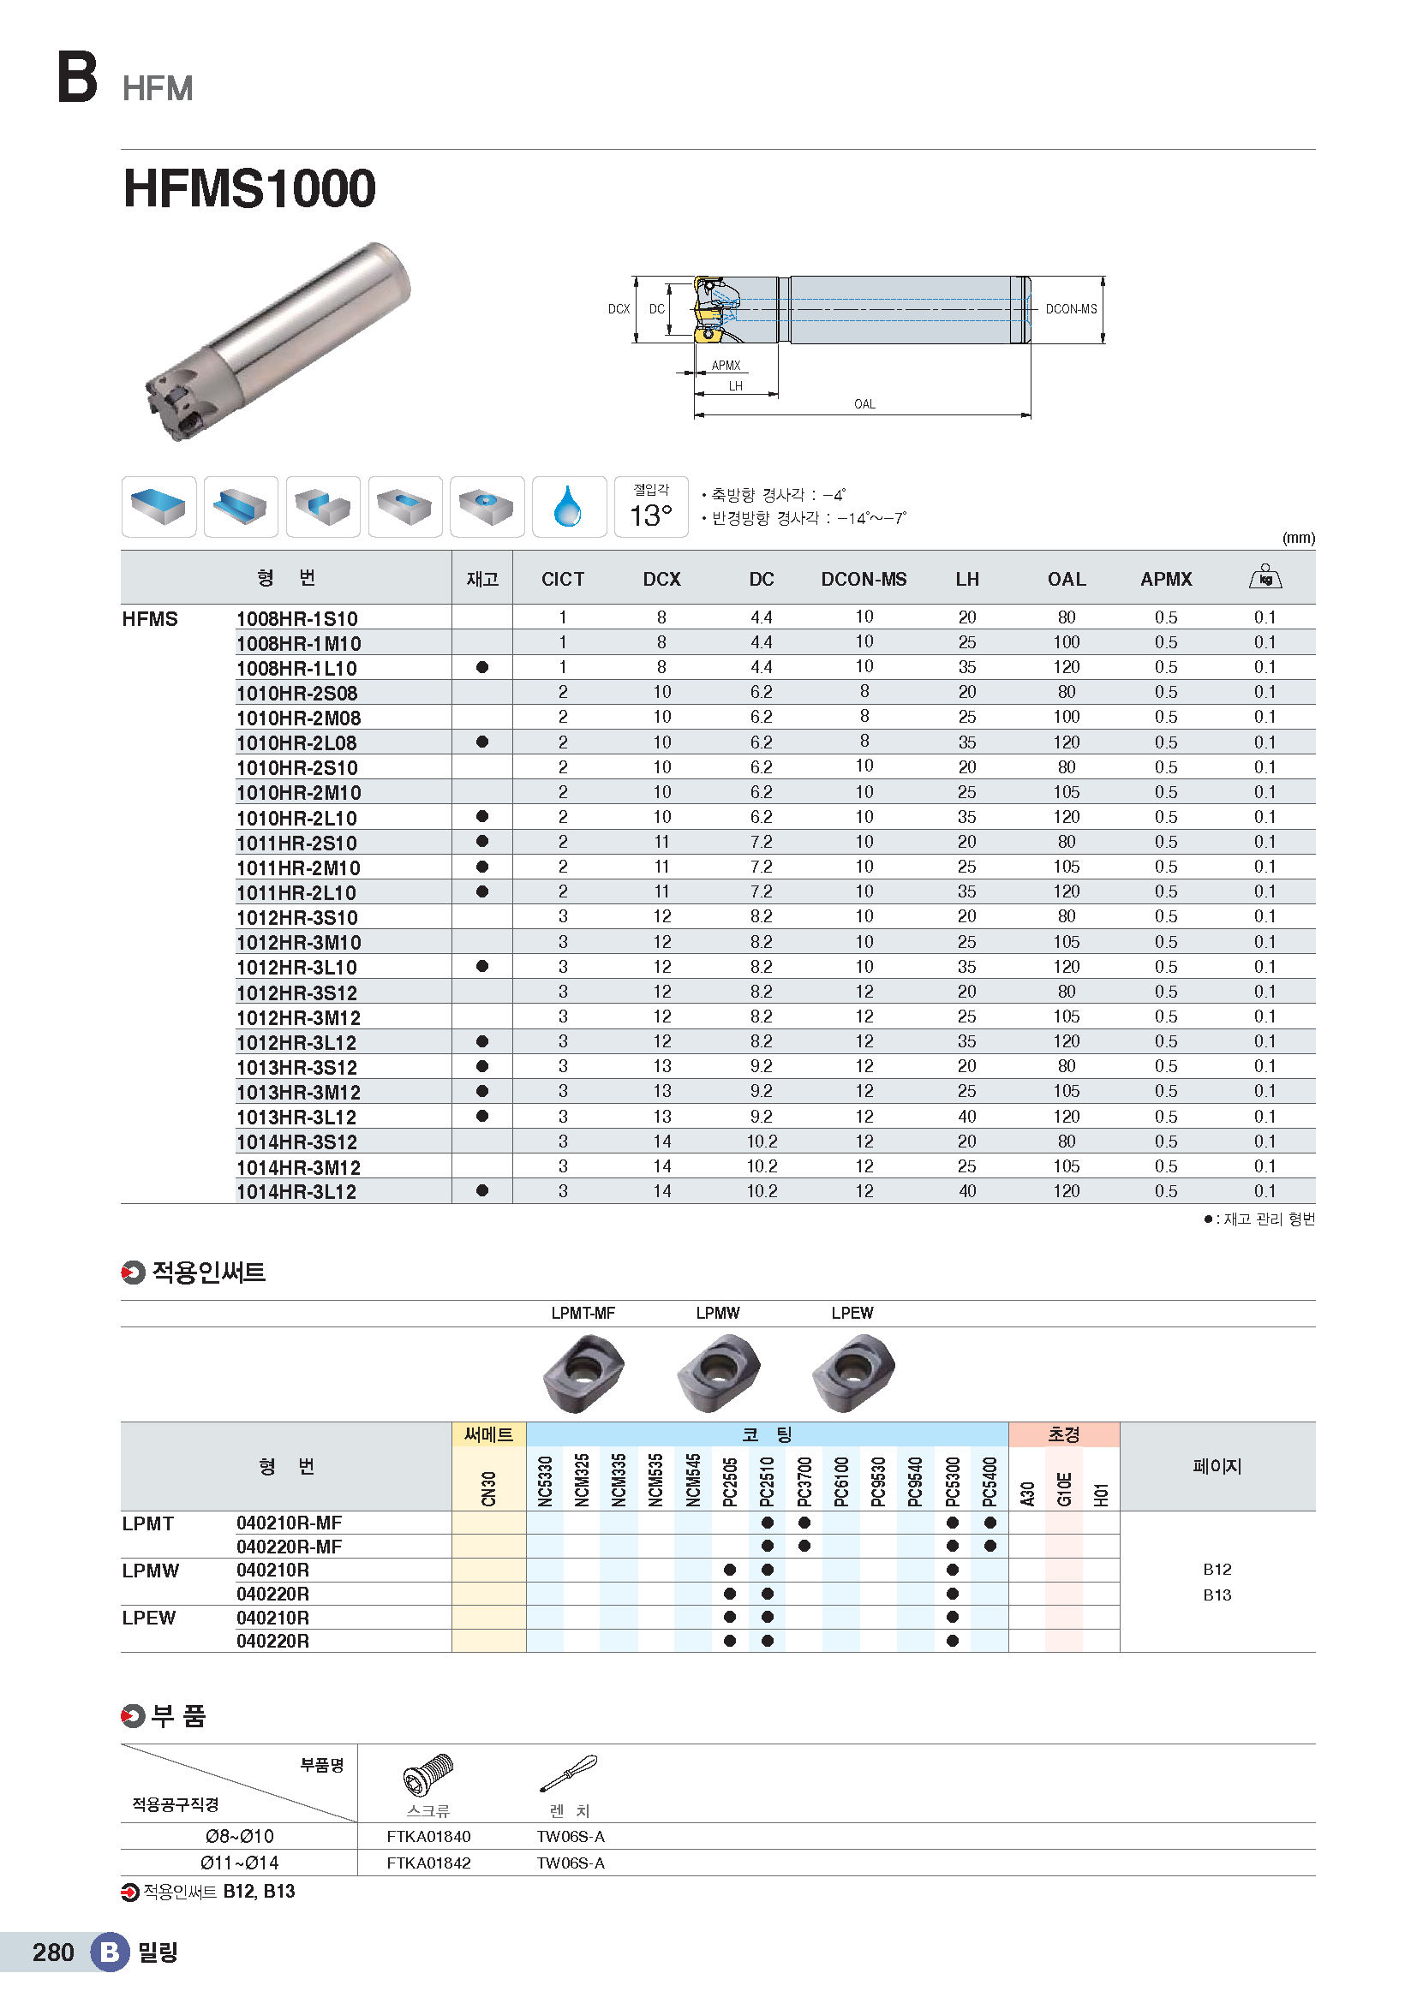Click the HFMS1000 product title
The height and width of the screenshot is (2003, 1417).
click(x=249, y=188)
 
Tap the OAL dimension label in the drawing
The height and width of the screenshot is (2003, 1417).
click(x=864, y=404)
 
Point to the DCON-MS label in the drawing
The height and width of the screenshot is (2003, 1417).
click(x=1071, y=309)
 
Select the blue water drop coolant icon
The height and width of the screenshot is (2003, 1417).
click(x=568, y=507)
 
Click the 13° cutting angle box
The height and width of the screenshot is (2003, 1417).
click(x=651, y=507)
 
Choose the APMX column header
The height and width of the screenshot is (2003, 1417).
click(x=1166, y=579)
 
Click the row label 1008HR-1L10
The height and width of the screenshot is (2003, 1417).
click(x=296, y=668)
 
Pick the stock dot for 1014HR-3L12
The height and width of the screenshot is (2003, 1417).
click(x=481, y=1191)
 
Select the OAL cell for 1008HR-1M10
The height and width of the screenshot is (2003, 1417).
click(x=1067, y=642)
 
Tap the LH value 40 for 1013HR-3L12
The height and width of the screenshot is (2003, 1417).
click(x=966, y=1117)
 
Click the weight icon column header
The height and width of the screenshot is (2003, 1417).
click(x=1265, y=576)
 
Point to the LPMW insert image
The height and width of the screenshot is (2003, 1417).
click(x=718, y=1371)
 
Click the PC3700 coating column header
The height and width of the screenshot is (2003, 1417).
click(x=804, y=1481)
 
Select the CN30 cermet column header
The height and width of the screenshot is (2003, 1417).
click(x=488, y=1487)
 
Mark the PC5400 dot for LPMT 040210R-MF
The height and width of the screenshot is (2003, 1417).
click(x=990, y=1523)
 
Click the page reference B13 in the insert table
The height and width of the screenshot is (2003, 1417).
click(x=1217, y=1595)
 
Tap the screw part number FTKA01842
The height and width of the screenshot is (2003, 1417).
click(x=428, y=1863)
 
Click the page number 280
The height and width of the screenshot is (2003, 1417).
click(x=53, y=1952)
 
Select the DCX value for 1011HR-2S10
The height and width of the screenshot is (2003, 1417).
click(x=661, y=842)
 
